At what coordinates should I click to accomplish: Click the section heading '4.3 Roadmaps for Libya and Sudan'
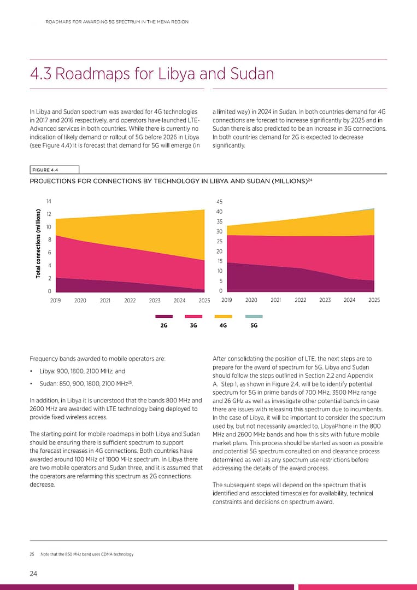tap(151, 74)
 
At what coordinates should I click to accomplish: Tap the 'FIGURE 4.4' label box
tap(54, 170)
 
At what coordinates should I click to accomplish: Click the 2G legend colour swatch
tap(164, 316)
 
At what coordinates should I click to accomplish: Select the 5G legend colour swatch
tap(254, 316)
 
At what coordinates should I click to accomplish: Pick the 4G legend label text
tap(223, 325)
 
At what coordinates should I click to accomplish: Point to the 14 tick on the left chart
tap(49, 201)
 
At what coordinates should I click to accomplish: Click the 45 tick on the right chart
tap(219, 201)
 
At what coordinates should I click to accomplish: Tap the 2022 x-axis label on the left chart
tap(130, 300)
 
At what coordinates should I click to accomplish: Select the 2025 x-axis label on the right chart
tap(374, 300)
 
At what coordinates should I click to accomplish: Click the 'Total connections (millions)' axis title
tap(39, 244)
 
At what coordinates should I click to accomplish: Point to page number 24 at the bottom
tap(34, 573)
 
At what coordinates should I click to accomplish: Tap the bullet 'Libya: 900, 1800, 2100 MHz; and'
tap(82, 371)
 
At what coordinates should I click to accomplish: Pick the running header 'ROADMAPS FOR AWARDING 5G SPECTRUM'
tap(117, 22)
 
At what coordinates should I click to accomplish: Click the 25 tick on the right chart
tap(219, 241)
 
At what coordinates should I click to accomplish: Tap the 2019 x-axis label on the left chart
tap(56, 300)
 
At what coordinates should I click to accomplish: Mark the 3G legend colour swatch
tap(194, 316)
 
